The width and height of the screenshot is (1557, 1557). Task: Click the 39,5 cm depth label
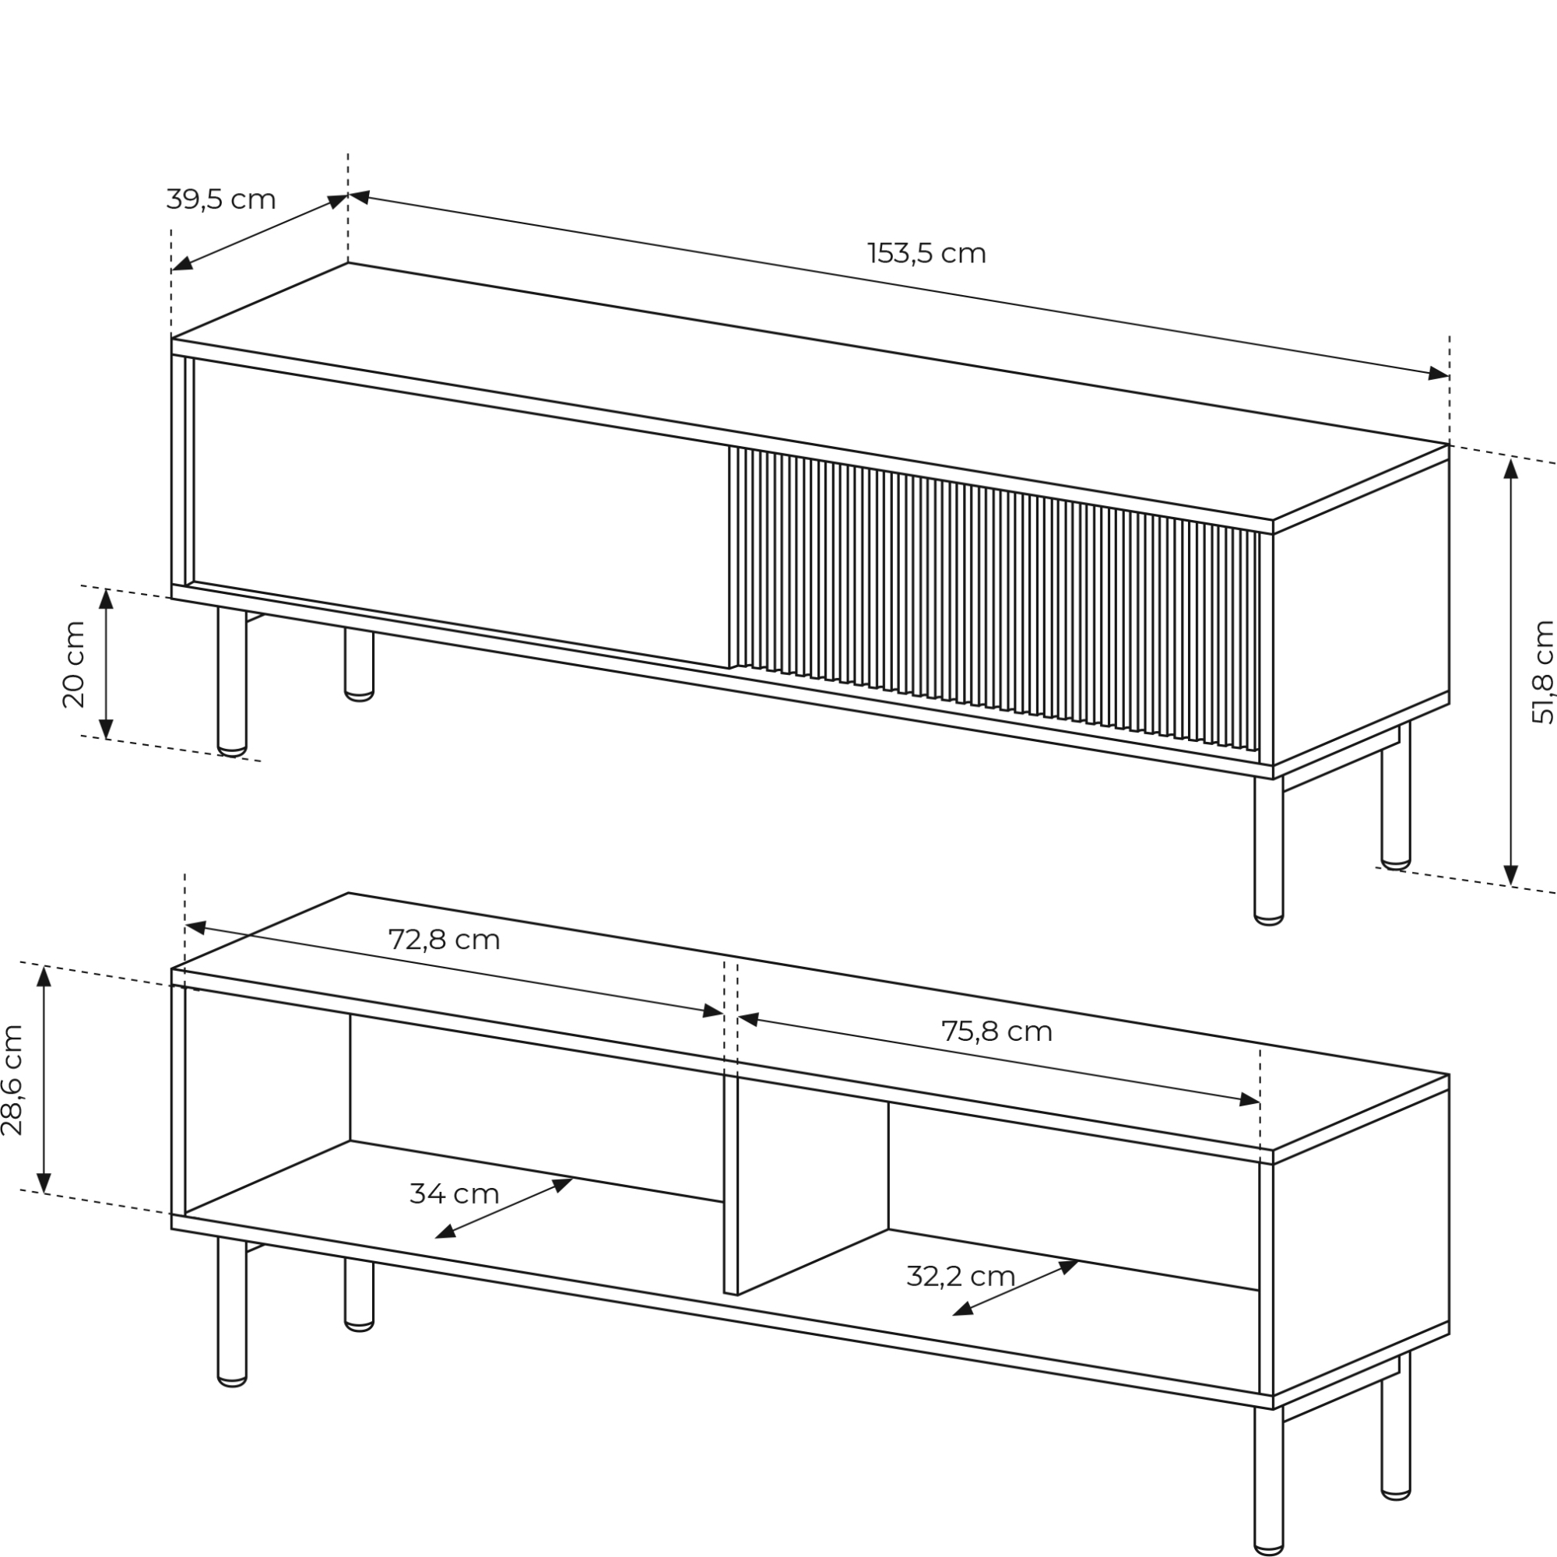point(221,199)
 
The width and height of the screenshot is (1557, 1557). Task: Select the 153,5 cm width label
point(926,253)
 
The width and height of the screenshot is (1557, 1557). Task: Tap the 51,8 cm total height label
point(1542,671)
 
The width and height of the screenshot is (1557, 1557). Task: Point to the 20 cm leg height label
point(73,664)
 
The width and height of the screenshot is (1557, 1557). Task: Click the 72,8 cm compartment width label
point(444,939)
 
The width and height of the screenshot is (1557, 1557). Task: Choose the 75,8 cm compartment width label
point(997,1031)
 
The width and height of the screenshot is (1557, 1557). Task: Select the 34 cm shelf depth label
point(455,1193)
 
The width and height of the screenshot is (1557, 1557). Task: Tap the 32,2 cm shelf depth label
point(961,1276)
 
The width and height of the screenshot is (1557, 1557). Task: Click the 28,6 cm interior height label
point(12,1080)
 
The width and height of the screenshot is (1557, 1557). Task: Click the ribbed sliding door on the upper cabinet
point(994,600)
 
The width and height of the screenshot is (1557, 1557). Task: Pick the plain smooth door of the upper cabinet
point(461,513)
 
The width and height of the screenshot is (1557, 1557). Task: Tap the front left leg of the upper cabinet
point(232,682)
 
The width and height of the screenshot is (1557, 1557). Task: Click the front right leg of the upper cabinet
point(1268,851)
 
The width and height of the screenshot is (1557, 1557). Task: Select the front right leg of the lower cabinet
point(1268,1481)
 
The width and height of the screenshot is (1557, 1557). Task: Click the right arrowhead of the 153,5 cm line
point(1439,374)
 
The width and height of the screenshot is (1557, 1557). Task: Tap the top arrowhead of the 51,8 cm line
point(1511,467)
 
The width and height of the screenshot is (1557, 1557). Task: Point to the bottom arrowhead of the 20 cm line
point(106,728)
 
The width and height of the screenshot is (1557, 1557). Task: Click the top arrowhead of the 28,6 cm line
point(44,976)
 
